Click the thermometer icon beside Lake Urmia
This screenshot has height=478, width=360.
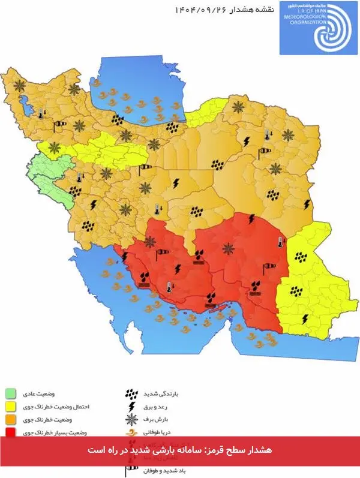(x=40, y=113)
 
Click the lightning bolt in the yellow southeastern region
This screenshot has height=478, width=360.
(x=305, y=318)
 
